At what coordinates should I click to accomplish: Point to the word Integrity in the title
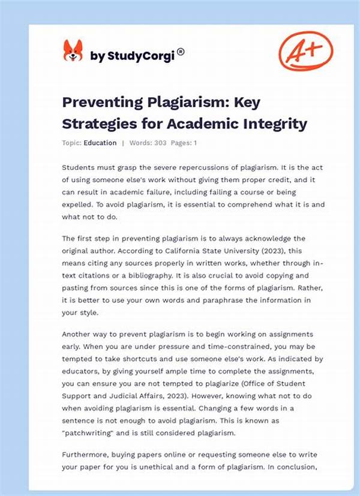[x=274, y=124]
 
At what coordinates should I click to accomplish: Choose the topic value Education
[x=101, y=143]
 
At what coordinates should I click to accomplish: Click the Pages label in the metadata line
[x=182, y=143]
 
